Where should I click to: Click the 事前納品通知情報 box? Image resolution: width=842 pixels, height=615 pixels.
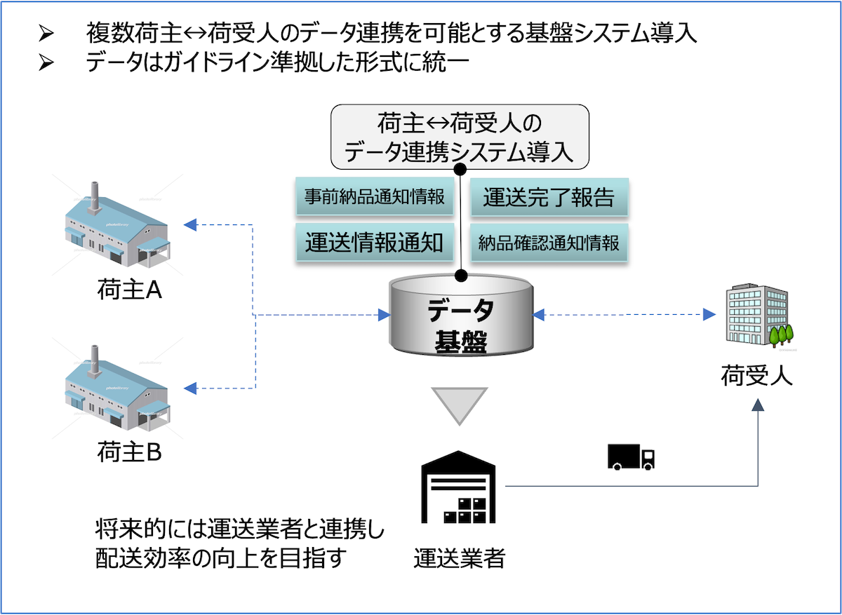point(374,197)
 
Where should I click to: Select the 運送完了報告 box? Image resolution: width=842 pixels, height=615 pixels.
point(549,197)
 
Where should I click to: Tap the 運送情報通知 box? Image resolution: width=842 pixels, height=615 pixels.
point(374,243)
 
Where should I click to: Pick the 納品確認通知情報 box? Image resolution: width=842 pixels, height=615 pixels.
point(549,243)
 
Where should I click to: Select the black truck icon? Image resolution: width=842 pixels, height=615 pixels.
point(631,457)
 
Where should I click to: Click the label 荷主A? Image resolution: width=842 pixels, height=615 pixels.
point(130,290)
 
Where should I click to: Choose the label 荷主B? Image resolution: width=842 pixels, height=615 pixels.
point(130,452)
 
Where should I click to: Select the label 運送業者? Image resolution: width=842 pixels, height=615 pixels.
point(459,559)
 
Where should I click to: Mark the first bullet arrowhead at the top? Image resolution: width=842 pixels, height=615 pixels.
point(46,32)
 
